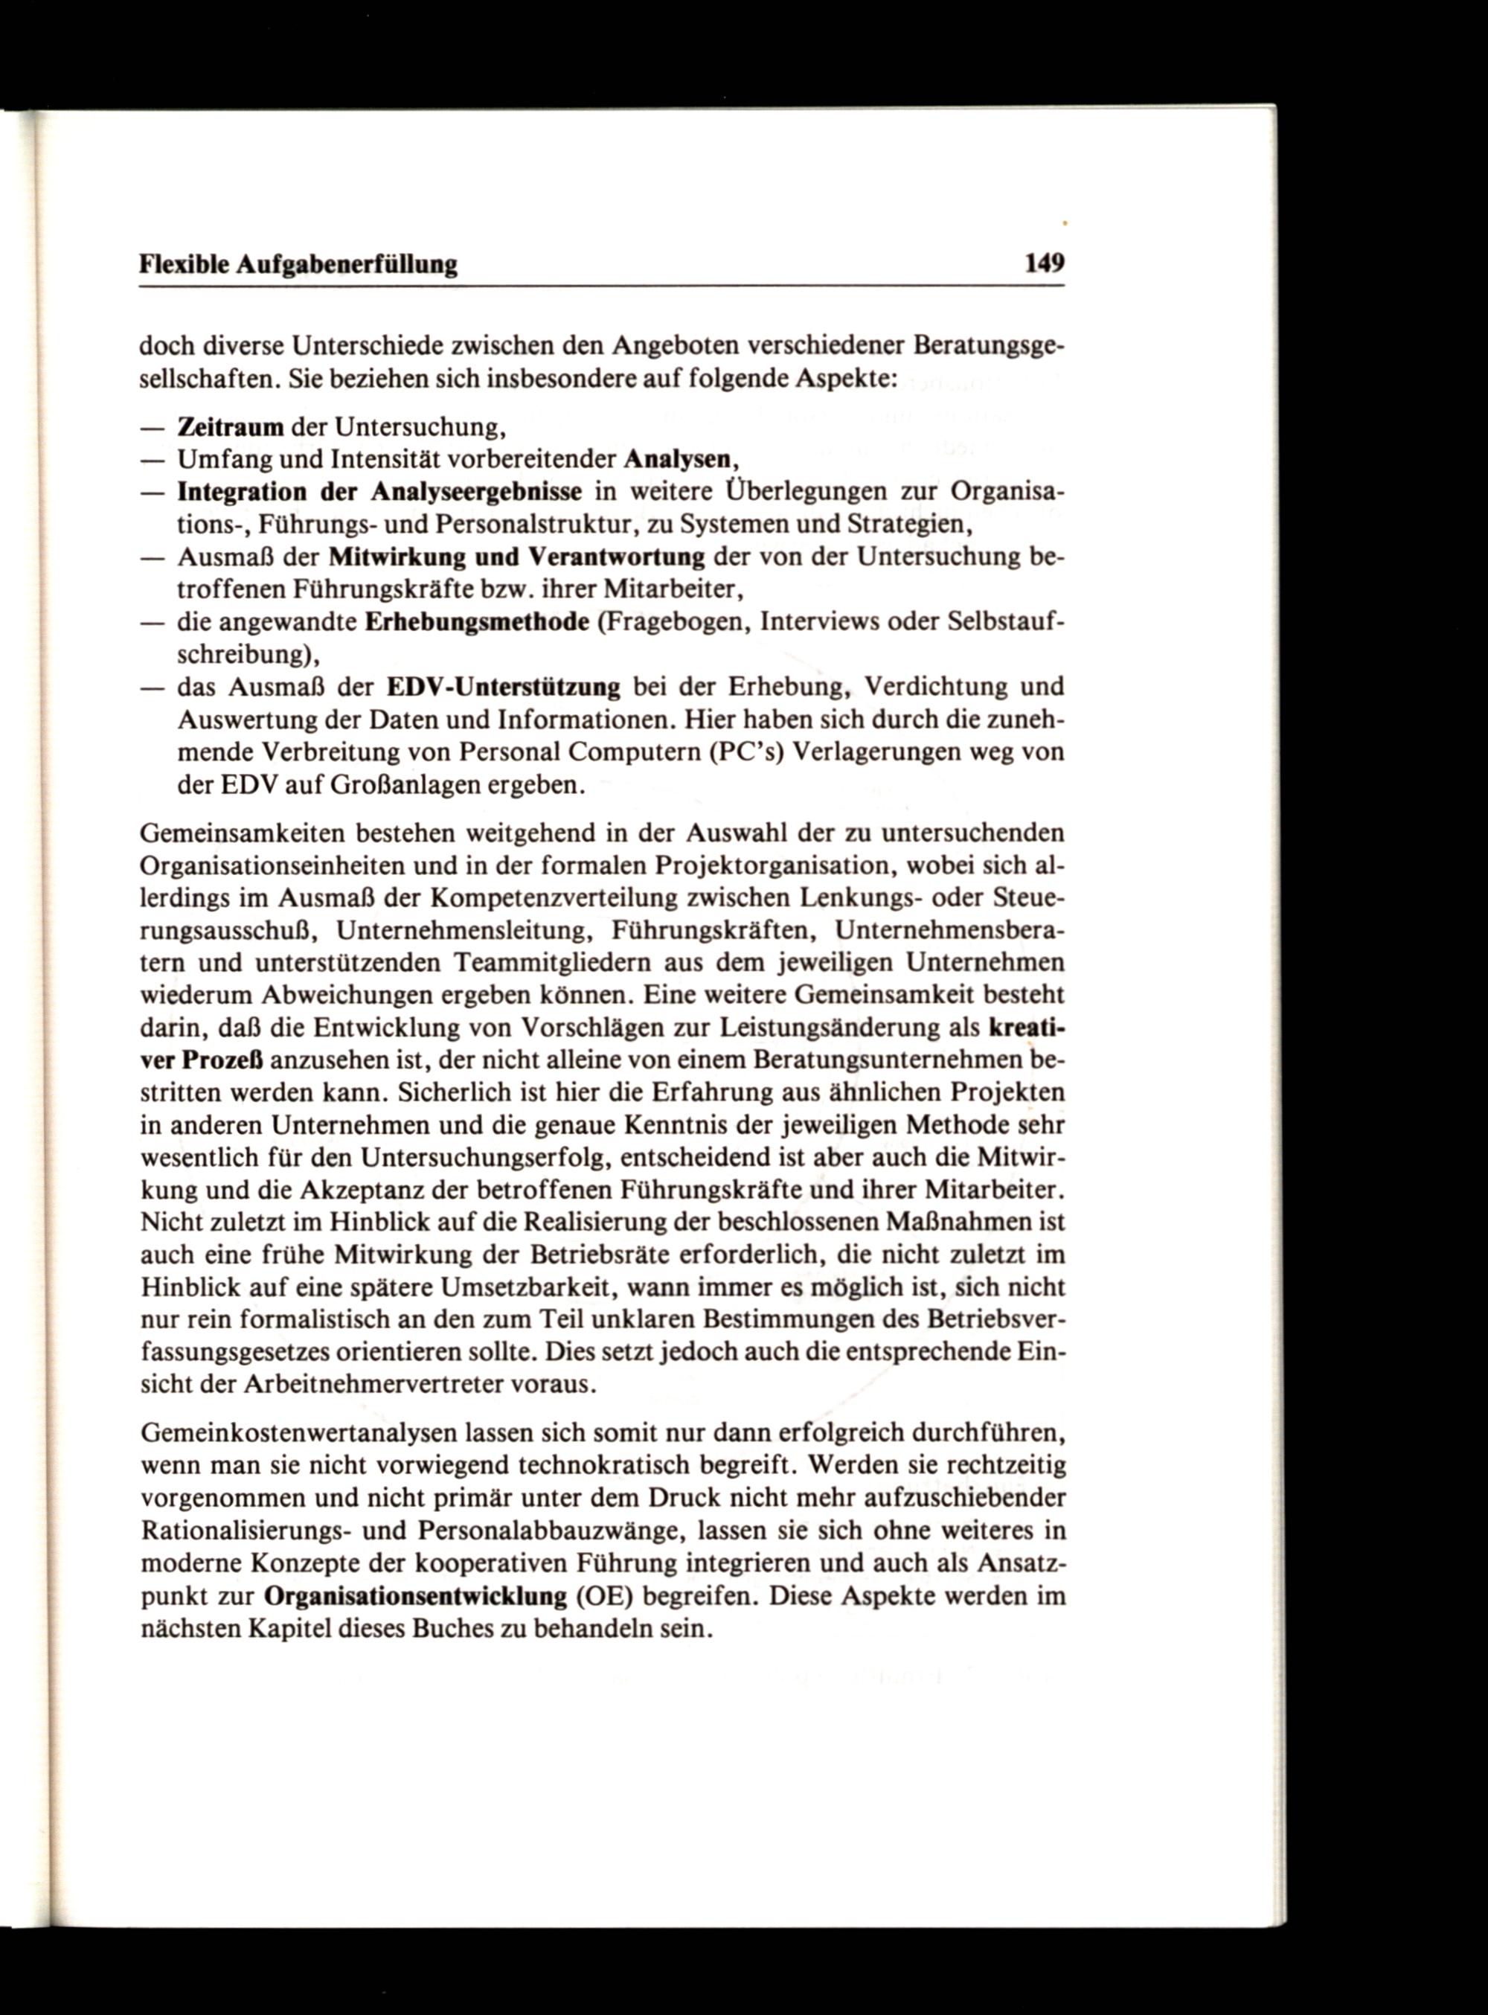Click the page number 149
1044,264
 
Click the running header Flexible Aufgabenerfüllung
298,265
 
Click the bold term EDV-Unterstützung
504,688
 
